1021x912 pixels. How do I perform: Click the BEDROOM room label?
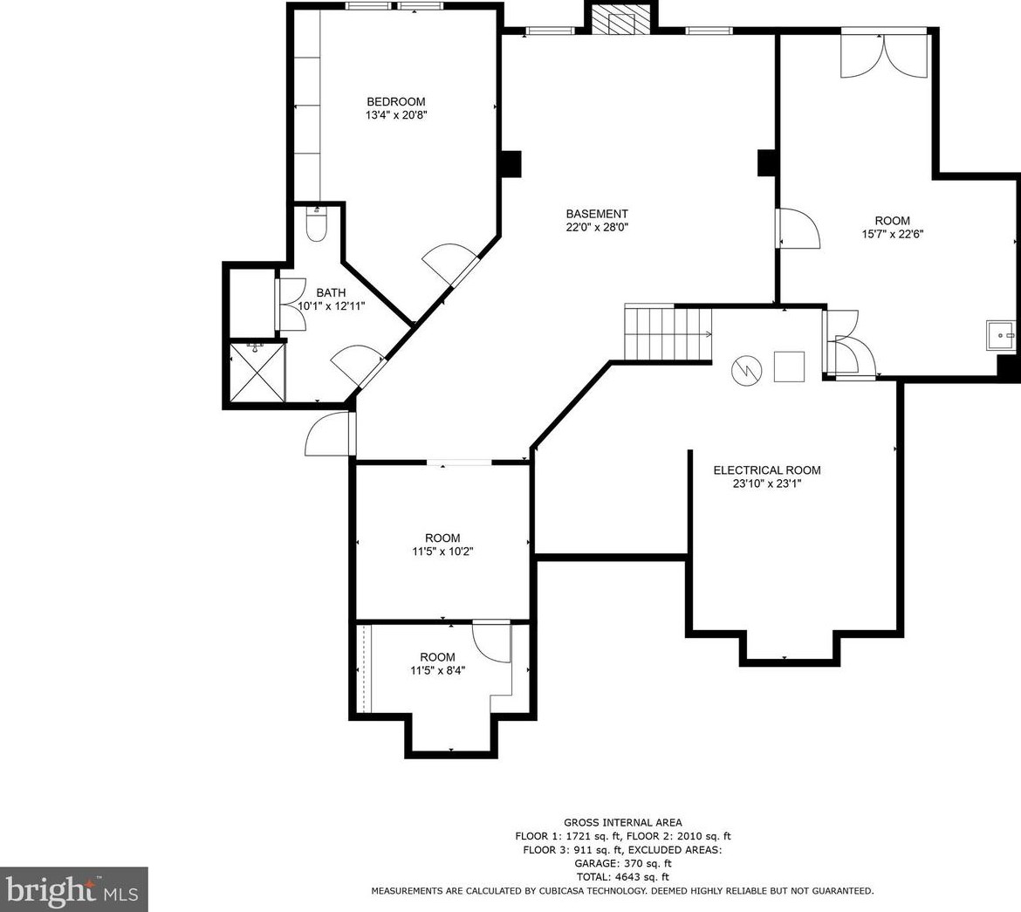point(396,101)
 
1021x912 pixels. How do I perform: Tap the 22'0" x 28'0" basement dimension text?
point(597,228)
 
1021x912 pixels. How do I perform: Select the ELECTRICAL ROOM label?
point(767,470)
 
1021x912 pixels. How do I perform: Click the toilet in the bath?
point(316,225)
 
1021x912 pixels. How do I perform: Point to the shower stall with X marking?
point(257,373)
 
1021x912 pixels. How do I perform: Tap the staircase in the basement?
point(668,333)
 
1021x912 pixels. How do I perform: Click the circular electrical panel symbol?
point(746,369)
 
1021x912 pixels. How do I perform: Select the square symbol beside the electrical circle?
point(789,366)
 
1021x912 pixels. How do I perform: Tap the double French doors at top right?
point(884,53)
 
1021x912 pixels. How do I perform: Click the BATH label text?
point(331,293)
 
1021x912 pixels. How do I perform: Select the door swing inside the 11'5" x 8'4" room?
point(491,642)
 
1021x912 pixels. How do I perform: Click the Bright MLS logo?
point(73,890)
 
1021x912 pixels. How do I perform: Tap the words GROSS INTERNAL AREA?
point(623,823)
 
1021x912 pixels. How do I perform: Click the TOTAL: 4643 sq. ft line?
point(622,877)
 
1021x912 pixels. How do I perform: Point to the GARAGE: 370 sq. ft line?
point(622,864)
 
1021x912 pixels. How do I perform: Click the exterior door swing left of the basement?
point(330,434)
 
